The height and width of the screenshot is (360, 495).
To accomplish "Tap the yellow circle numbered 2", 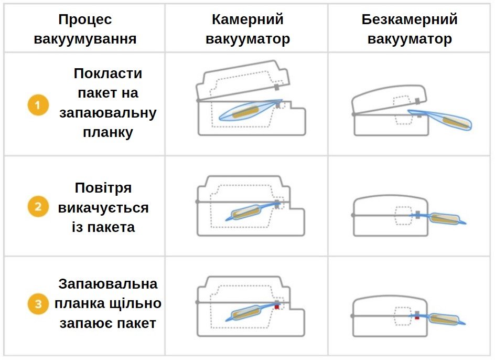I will [38, 206].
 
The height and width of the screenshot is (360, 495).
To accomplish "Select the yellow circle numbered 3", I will [38, 304].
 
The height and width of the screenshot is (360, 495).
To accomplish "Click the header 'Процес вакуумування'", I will [85, 29].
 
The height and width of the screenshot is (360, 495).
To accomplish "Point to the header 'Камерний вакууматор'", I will [247, 29].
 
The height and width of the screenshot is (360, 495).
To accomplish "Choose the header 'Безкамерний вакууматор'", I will [410, 29].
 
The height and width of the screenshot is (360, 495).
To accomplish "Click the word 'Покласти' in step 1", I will [107, 73].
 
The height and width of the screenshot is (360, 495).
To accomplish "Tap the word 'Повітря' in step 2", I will [103, 188].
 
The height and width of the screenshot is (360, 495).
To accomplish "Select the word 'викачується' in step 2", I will [103, 208].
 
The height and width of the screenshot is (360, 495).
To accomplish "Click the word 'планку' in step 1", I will [107, 132].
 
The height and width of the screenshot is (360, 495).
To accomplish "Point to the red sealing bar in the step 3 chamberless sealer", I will [417, 318].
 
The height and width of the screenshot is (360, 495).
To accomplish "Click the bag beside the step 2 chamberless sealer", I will [444, 219].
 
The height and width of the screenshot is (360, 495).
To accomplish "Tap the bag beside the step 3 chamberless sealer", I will [444, 319].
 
